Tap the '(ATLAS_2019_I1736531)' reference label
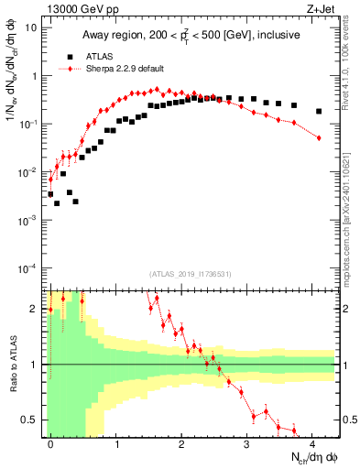point(190,273)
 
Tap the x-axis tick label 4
point(312,442)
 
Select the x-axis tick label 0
point(50,442)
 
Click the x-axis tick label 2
point(181,442)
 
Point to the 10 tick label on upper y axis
point(31,27)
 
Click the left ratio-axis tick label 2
point(35,308)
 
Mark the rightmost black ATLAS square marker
point(319,112)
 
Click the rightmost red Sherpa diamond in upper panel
point(319,137)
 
